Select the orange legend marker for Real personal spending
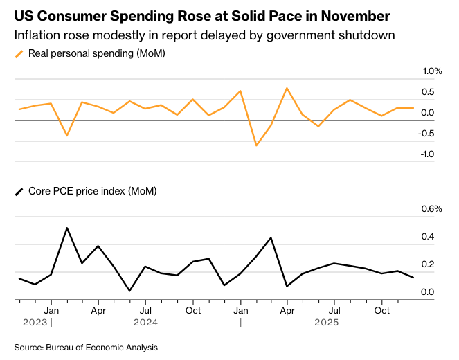click(19, 53)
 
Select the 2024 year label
click(145, 322)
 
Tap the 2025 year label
click(326, 322)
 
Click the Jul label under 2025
click(334, 311)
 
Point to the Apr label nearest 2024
click(98, 311)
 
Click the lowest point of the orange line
click(256, 145)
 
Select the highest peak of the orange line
click(287, 88)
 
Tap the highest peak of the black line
click(66, 228)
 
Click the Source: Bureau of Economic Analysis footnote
click(86, 347)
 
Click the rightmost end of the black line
click(413, 278)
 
